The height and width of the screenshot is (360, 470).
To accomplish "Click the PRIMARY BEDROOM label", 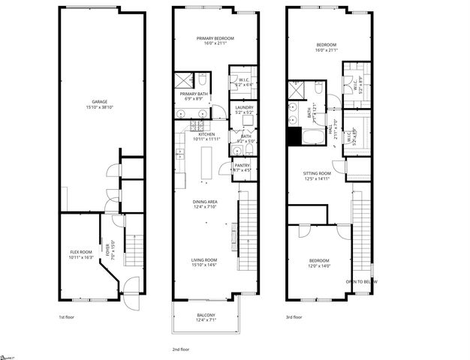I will pos(215,38).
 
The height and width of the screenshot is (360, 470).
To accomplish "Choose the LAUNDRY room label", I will pos(244,107).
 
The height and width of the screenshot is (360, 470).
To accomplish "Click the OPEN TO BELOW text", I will pos(361,281).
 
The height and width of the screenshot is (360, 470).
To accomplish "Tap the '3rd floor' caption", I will pos(294,317).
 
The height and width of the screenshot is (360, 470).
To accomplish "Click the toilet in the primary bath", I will pos(202,78).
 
